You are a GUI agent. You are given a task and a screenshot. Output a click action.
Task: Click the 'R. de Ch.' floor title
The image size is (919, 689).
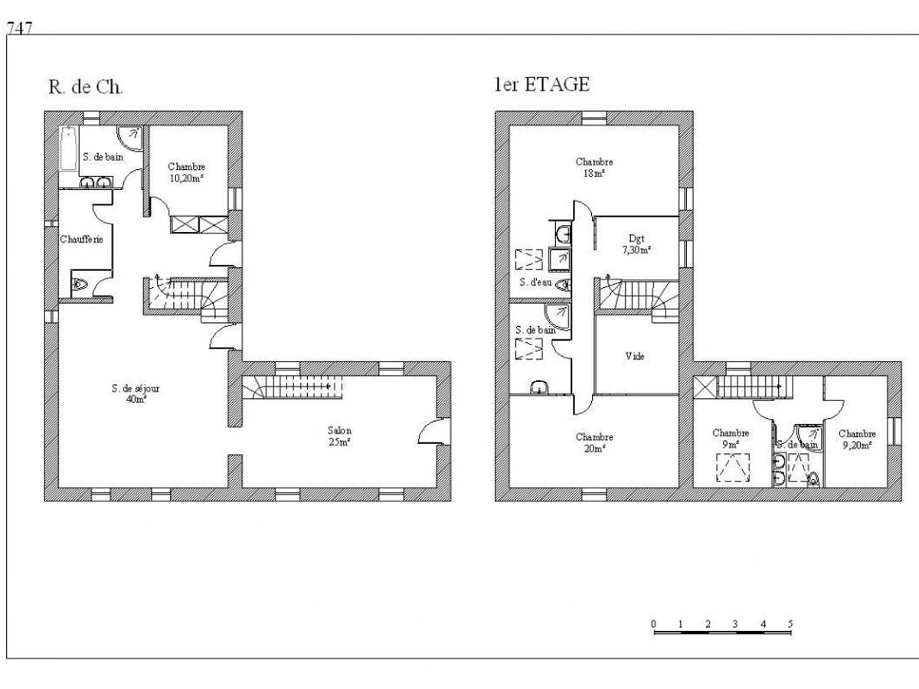pyautogui.click(x=86, y=87)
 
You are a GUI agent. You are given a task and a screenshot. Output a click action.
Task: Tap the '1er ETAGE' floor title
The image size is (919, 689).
pyautogui.click(x=542, y=84)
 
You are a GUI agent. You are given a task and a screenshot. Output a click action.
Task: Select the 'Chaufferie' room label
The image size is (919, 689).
pyautogui.click(x=81, y=240)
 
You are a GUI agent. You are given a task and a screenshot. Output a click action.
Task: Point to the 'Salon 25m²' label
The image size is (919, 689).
pyautogui.click(x=339, y=436)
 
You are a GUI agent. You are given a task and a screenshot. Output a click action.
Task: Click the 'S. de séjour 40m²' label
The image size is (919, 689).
pyautogui.click(x=136, y=393)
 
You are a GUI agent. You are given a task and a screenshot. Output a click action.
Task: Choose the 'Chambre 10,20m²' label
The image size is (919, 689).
pyautogui.click(x=186, y=172)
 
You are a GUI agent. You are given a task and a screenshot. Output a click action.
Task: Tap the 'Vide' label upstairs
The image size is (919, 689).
pyautogui.click(x=635, y=356)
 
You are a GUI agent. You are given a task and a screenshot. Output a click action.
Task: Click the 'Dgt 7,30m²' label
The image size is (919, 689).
pyautogui.click(x=636, y=244)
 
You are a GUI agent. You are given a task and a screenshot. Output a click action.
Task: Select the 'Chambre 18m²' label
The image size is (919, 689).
pyautogui.click(x=594, y=168)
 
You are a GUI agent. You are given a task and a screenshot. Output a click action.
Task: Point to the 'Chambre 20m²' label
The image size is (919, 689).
pyautogui.click(x=594, y=442)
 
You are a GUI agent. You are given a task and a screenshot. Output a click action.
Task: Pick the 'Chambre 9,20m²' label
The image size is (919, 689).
pyautogui.click(x=857, y=439)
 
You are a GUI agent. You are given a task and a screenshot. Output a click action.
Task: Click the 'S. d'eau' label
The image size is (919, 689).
pyautogui.click(x=535, y=282)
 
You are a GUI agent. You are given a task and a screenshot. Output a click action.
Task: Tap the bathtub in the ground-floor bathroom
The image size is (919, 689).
pyautogui.click(x=67, y=149)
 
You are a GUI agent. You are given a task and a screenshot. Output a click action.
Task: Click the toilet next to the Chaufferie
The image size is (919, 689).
pyautogui.click(x=80, y=285)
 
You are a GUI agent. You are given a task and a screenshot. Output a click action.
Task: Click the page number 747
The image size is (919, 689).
pyautogui.click(x=19, y=28)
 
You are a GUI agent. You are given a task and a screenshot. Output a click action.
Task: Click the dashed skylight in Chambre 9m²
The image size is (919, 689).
pyautogui.click(x=732, y=467)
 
